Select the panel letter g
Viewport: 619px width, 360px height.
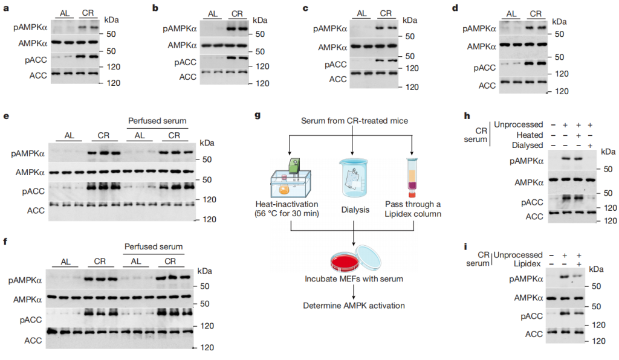tap(258, 115)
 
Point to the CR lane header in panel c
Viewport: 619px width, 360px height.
tap(386, 13)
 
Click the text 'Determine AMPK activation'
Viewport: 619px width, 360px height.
tap(354, 305)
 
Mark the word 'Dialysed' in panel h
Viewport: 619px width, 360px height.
tap(530, 145)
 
